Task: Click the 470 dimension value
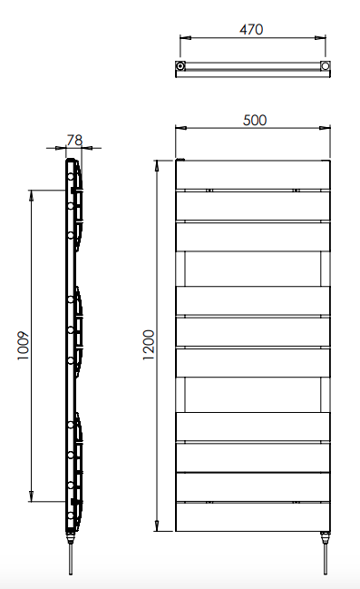click(x=251, y=29)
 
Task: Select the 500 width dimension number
click(x=255, y=120)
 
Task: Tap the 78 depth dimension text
click(x=74, y=140)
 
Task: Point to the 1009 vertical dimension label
click(x=23, y=346)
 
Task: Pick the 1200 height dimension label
click(x=149, y=345)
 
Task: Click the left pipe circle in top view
click(x=180, y=66)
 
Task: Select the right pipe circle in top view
click(x=326, y=66)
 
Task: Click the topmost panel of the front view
click(x=253, y=174)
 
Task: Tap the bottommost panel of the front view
click(x=253, y=517)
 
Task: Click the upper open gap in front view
click(x=253, y=269)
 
